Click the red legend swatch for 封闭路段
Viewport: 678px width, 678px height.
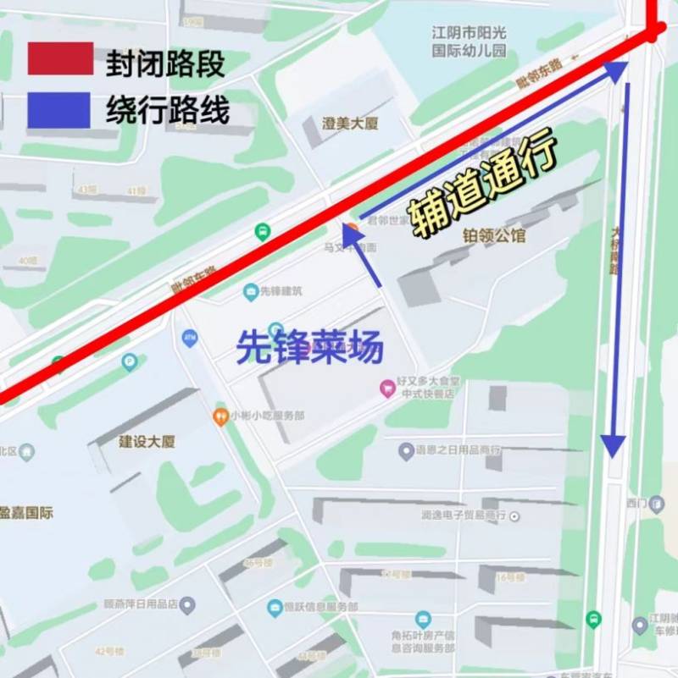coord(59,58)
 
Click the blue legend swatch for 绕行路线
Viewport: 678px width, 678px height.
coord(59,110)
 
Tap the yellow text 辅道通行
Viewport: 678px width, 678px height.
coord(484,183)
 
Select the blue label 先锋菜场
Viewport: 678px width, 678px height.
coord(309,348)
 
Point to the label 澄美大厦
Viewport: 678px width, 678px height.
coord(350,124)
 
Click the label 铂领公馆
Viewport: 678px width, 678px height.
coord(494,235)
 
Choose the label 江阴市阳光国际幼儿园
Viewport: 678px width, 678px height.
coord(469,41)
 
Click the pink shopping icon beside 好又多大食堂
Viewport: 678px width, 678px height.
coord(387,389)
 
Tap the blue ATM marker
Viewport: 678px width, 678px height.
coord(190,339)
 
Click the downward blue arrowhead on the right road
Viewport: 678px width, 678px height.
coord(614,445)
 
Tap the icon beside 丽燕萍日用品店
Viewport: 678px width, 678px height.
coord(187,605)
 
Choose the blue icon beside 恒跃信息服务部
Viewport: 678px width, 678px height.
coord(275,607)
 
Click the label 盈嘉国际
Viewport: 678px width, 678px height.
coord(25,513)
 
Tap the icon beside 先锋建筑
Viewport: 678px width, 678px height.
coord(251,292)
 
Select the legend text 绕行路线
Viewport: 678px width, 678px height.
coord(168,110)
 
